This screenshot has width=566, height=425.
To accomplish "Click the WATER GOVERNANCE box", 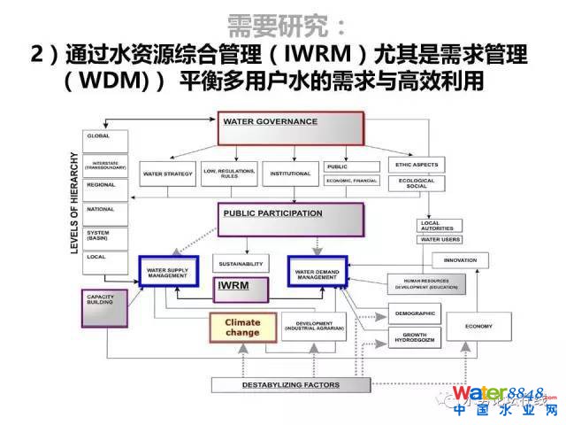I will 291,129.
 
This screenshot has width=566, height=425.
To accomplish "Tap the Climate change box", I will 243,328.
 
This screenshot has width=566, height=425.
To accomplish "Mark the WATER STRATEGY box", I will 168,173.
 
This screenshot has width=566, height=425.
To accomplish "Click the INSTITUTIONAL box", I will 291,173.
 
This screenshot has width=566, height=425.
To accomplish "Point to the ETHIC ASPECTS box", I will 416,165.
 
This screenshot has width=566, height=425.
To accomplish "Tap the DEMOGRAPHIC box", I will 414,313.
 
